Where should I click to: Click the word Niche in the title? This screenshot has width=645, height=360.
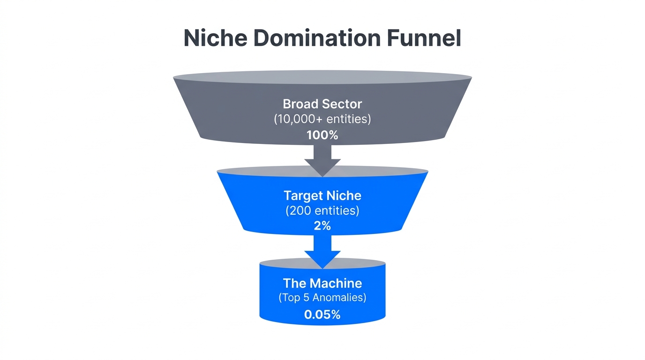pos(215,38)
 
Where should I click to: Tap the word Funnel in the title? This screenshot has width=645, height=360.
pos(424,38)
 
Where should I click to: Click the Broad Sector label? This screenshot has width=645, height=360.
pos(322,104)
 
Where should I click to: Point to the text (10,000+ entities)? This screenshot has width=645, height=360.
pos(322,119)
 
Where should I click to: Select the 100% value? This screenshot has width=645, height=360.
pos(322,135)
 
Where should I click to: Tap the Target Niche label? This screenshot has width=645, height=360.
pos(322,195)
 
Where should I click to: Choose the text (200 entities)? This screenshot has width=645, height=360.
pos(322,210)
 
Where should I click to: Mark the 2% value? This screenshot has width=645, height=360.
pos(322,226)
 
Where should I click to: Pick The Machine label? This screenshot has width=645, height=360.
pos(322,283)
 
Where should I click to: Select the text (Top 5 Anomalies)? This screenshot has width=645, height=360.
pos(322,298)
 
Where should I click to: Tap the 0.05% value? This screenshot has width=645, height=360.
pos(322,315)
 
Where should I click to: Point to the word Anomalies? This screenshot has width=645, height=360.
pos(341,298)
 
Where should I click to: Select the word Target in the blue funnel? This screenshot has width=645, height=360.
pos(302,195)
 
